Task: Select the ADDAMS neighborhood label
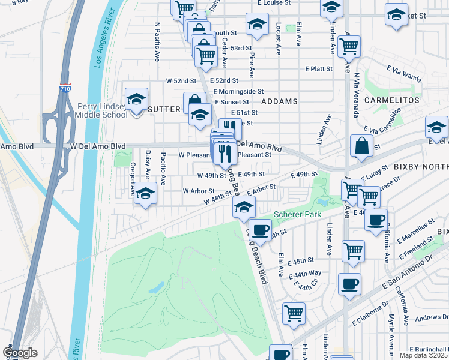[x=279, y=101]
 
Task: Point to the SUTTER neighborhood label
[x=164, y=109]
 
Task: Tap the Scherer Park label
[x=298, y=214]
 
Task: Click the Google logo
[x=20, y=353]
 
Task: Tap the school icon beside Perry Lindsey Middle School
[x=136, y=99]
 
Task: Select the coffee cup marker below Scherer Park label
[x=260, y=230]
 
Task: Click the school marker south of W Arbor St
[x=145, y=194]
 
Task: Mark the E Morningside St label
[x=238, y=91]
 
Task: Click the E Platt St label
[x=318, y=69]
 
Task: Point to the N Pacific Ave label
[x=157, y=42]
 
